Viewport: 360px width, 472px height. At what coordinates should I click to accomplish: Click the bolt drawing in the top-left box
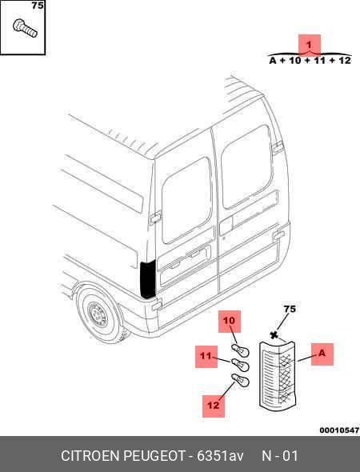tap(26, 28)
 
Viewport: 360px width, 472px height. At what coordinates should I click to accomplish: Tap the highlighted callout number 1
tap(309, 45)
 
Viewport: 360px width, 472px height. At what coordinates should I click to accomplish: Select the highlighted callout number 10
tap(230, 321)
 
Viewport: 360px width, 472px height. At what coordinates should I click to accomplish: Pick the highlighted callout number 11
tap(206, 357)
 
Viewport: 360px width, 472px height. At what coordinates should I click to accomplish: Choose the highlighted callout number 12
tap(214, 406)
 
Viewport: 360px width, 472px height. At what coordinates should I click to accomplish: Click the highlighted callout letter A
tap(322, 354)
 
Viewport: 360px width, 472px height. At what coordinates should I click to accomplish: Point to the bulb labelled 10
tap(240, 350)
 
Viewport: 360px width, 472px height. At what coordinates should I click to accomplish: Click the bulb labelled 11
tap(240, 365)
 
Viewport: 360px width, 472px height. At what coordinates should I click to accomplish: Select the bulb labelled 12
tap(240, 381)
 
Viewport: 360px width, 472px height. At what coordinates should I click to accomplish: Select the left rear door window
tap(186, 201)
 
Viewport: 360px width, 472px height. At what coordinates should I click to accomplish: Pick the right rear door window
tap(246, 166)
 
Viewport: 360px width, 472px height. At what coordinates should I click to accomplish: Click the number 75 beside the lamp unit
tap(290, 309)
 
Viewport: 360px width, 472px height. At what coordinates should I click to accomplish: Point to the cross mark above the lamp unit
tap(274, 335)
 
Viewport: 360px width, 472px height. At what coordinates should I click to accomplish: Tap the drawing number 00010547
tap(339, 430)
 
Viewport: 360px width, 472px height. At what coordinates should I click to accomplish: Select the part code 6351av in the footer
tap(220, 456)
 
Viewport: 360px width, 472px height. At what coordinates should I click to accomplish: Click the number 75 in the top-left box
tap(38, 6)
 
